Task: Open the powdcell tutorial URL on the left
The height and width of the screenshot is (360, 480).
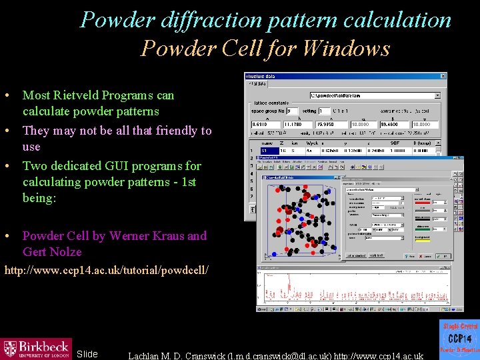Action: [107, 270]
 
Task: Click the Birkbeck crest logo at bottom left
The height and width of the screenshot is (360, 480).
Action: [11, 348]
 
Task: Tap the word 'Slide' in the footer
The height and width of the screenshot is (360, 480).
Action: [87, 354]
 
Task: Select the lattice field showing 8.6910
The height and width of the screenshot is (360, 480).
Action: [265, 124]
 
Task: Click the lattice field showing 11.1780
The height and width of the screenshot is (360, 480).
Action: [297, 124]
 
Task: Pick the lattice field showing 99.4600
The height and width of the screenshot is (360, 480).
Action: [395, 124]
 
